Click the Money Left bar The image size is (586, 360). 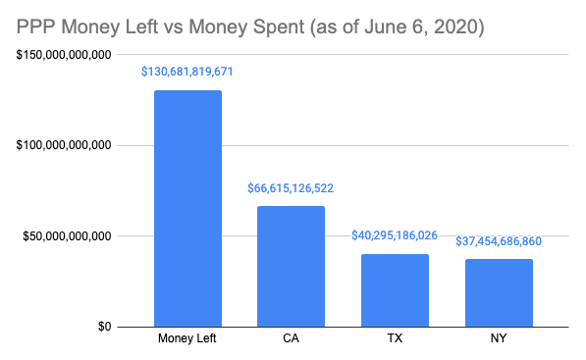click(187, 208)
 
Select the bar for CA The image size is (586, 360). click(291, 266)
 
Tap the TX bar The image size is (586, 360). click(395, 289)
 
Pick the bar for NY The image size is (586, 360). click(499, 292)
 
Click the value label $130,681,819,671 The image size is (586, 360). click(187, 73)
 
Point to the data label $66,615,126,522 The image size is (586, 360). click(291, 187)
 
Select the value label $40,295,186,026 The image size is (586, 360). click(395, 236)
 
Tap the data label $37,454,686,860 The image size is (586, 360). click(499, 241)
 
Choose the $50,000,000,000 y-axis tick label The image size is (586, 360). click(63, 236)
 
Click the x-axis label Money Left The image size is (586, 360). click(187, 340)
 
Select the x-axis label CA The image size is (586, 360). click(291, 340)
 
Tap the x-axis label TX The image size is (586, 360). click(395, 340)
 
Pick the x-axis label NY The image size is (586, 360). click(499, 340)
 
